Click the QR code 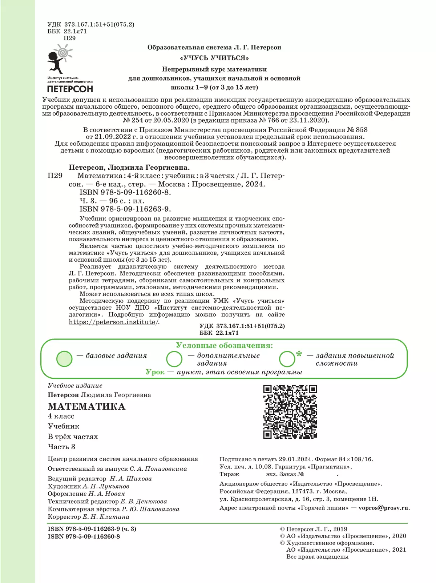(290, 412)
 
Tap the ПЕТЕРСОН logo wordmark (70, 89)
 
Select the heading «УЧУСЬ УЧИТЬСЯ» (214, 58)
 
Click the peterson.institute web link (113, 322)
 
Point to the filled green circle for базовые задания (65, 359)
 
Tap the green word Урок (155, 372)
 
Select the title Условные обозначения (224, 345)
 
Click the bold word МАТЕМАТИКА (86, 406)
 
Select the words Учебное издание (75, 386)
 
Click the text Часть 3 (61, 447)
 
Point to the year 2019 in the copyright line (340, 529)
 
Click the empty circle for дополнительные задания (174, 359)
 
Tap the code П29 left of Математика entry (55, 176)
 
